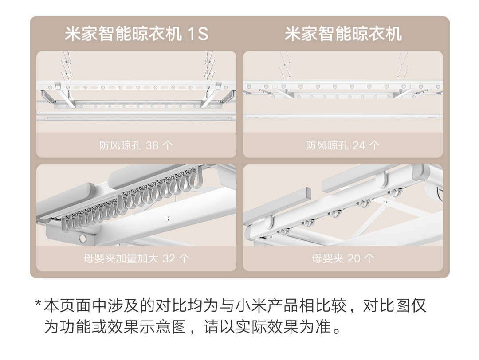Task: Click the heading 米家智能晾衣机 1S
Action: tap(136, 34)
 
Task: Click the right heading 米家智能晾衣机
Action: tap(343, 34)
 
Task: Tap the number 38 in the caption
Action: tap(152, 145)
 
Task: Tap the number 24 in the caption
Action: tap(359, 145)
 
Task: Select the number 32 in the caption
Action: tap(169, 258)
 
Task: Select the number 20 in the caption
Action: tap(354, 258)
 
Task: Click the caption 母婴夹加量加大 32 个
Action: tap(136, 258)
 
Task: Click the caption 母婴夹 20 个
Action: tap(343, 258)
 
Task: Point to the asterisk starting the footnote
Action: tap(38, 304)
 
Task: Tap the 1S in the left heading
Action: tap(198, 34)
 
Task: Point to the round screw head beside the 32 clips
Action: tap(167, 218)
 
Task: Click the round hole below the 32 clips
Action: tap(83, 238)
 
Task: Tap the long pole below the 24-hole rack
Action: tap(343, 116)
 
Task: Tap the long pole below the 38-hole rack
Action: tap(136, 117)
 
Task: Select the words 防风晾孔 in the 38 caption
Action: tap(120, 145)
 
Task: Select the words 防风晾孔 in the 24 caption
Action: tap(327, 145)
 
